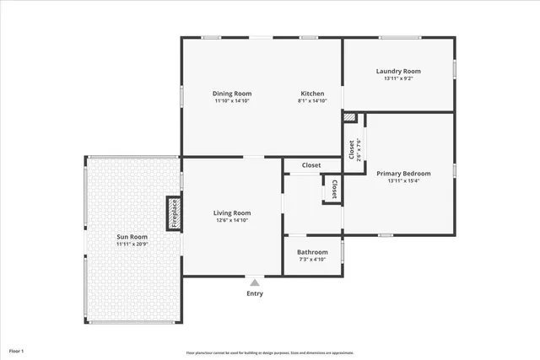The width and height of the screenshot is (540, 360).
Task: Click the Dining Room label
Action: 232,94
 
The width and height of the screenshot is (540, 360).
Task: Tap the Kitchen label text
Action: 312,94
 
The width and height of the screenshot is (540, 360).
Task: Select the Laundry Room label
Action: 398,71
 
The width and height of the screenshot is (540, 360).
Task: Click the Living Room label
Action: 232,213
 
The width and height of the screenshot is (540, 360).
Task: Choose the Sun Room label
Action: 132,237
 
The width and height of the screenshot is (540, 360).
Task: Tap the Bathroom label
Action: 312,251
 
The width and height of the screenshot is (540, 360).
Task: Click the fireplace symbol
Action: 173,213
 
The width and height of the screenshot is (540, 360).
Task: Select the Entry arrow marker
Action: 255,282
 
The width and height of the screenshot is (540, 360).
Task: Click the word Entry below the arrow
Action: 255,293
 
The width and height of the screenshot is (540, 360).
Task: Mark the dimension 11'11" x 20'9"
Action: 132,244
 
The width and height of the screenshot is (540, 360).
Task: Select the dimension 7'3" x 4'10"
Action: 312,259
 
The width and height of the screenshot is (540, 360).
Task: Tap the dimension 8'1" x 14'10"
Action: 312,101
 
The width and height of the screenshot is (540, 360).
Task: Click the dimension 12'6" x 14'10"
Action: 232,221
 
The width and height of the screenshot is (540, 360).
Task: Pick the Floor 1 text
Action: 17,350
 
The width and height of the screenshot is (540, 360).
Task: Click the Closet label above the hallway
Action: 311,165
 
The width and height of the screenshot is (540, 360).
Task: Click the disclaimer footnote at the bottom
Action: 270,352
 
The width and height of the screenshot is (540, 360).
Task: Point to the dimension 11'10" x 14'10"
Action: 232,101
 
